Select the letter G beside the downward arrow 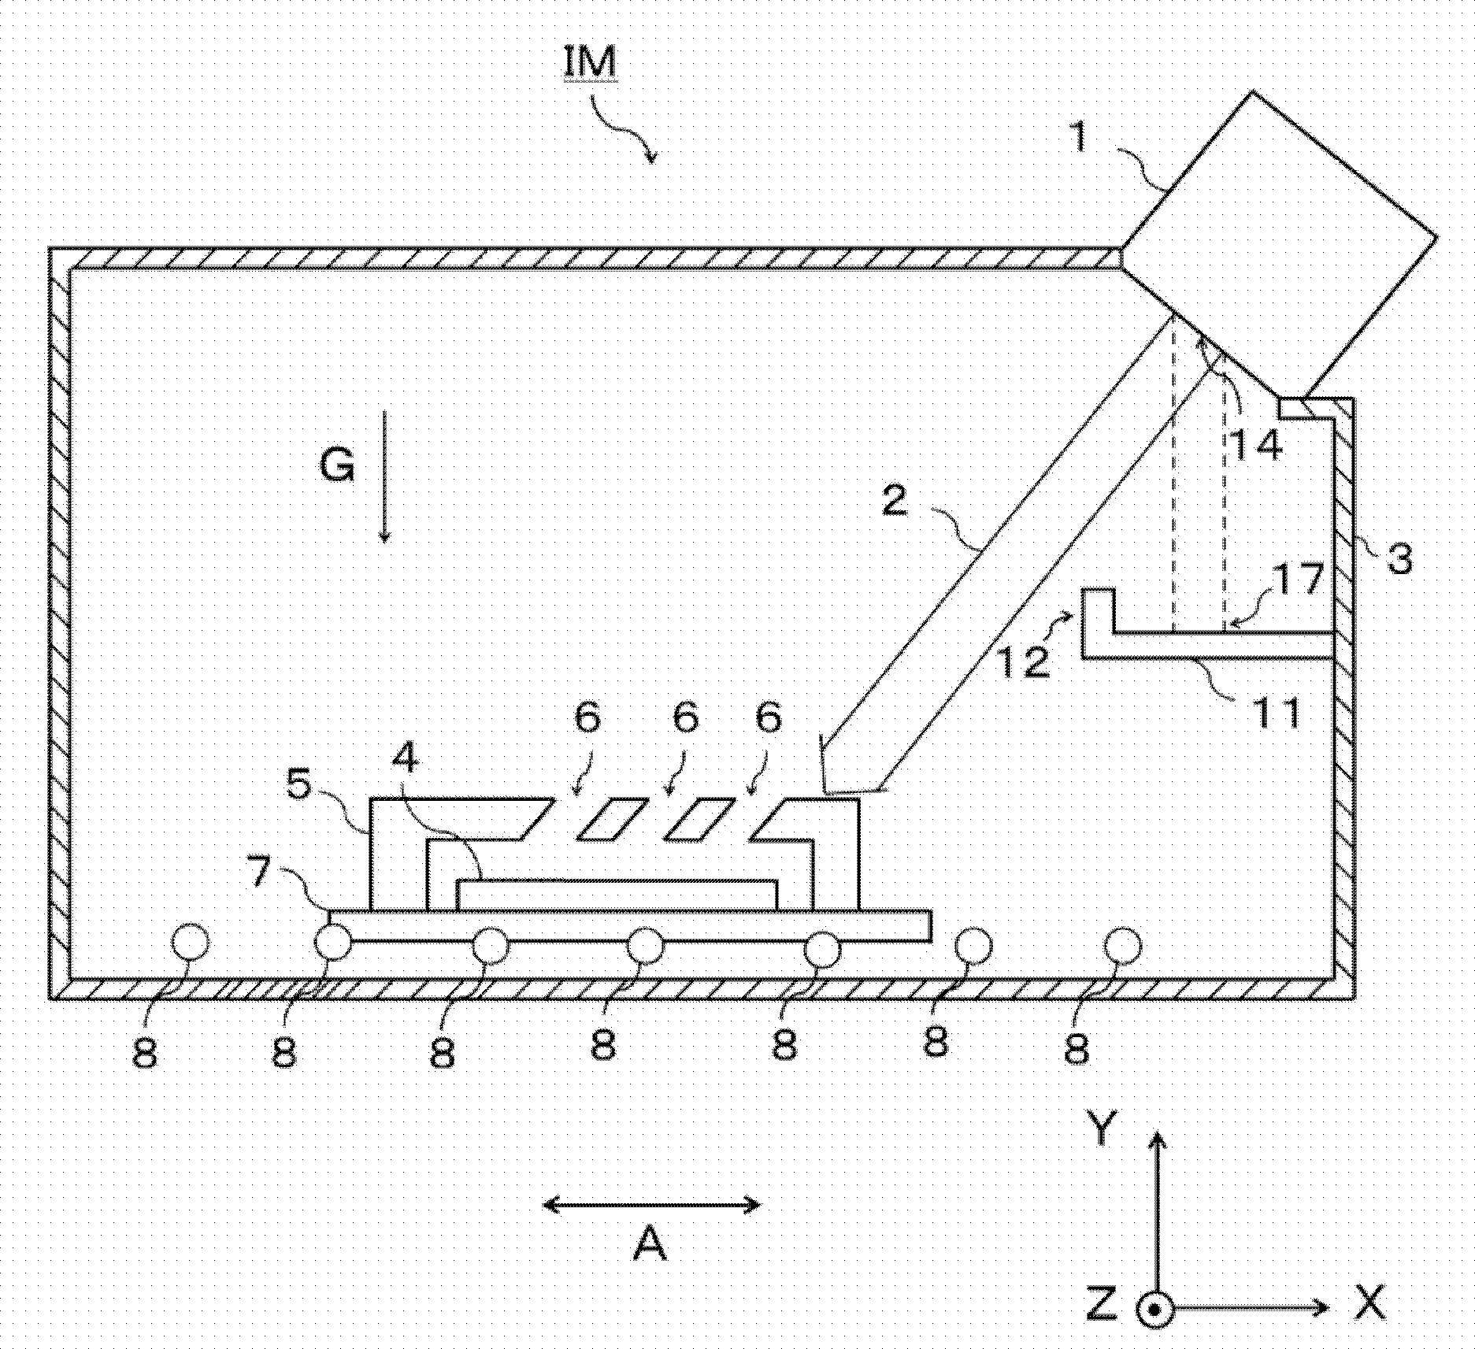[337, 467]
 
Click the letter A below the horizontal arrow [650, 1245]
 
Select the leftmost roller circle [190, 944]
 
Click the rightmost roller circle [1121, 946]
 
